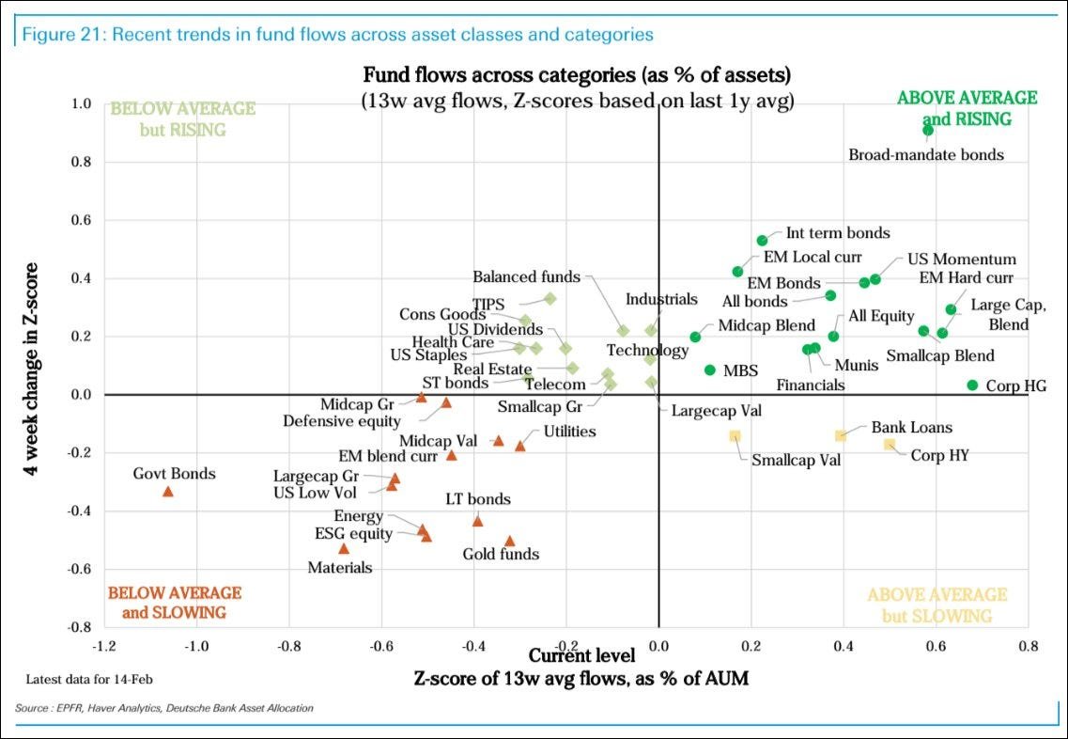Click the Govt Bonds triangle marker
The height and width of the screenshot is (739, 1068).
tap(168, 492)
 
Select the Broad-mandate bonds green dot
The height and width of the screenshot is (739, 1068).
tap(928, 131)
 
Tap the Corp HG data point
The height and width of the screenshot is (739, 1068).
tap(972, 385)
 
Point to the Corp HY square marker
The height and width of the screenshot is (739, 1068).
tap(889, 445)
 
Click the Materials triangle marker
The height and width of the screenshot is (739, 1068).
tap(344, 548)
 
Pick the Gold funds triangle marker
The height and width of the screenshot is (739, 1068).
tap(509, 541)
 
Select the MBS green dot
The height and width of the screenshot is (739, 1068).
tap(710, 370)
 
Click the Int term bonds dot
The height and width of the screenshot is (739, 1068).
tap(762, 241)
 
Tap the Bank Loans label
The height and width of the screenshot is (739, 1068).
tap(911, 428)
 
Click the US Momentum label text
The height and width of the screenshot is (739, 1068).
tap(961, 259)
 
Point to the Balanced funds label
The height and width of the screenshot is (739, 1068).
tap(526, 277)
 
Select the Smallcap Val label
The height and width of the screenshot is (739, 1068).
tap(796, 461)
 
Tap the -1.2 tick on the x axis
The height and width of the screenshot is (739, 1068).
tap(104, 647)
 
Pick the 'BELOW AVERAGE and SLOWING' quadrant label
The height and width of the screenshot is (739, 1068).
tap(175, 603)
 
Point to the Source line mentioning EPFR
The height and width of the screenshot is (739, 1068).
tap(165, 708)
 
